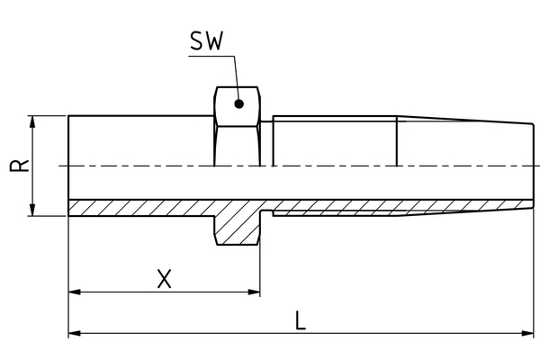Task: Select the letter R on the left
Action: tap(23, 166)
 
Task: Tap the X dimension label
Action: tap(164, 279)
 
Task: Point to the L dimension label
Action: tap(301, 320)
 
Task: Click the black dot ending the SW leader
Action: tap(238, 103)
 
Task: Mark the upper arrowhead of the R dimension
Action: tap(33, 121)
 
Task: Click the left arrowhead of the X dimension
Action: tap(75, 292)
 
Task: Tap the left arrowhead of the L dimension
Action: tap(75, 334)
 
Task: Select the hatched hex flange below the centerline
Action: tap(238, 225)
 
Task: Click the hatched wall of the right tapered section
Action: tap(405, 208)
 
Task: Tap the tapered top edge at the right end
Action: tap(468, 120)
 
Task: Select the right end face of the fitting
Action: tap(534, 166)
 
